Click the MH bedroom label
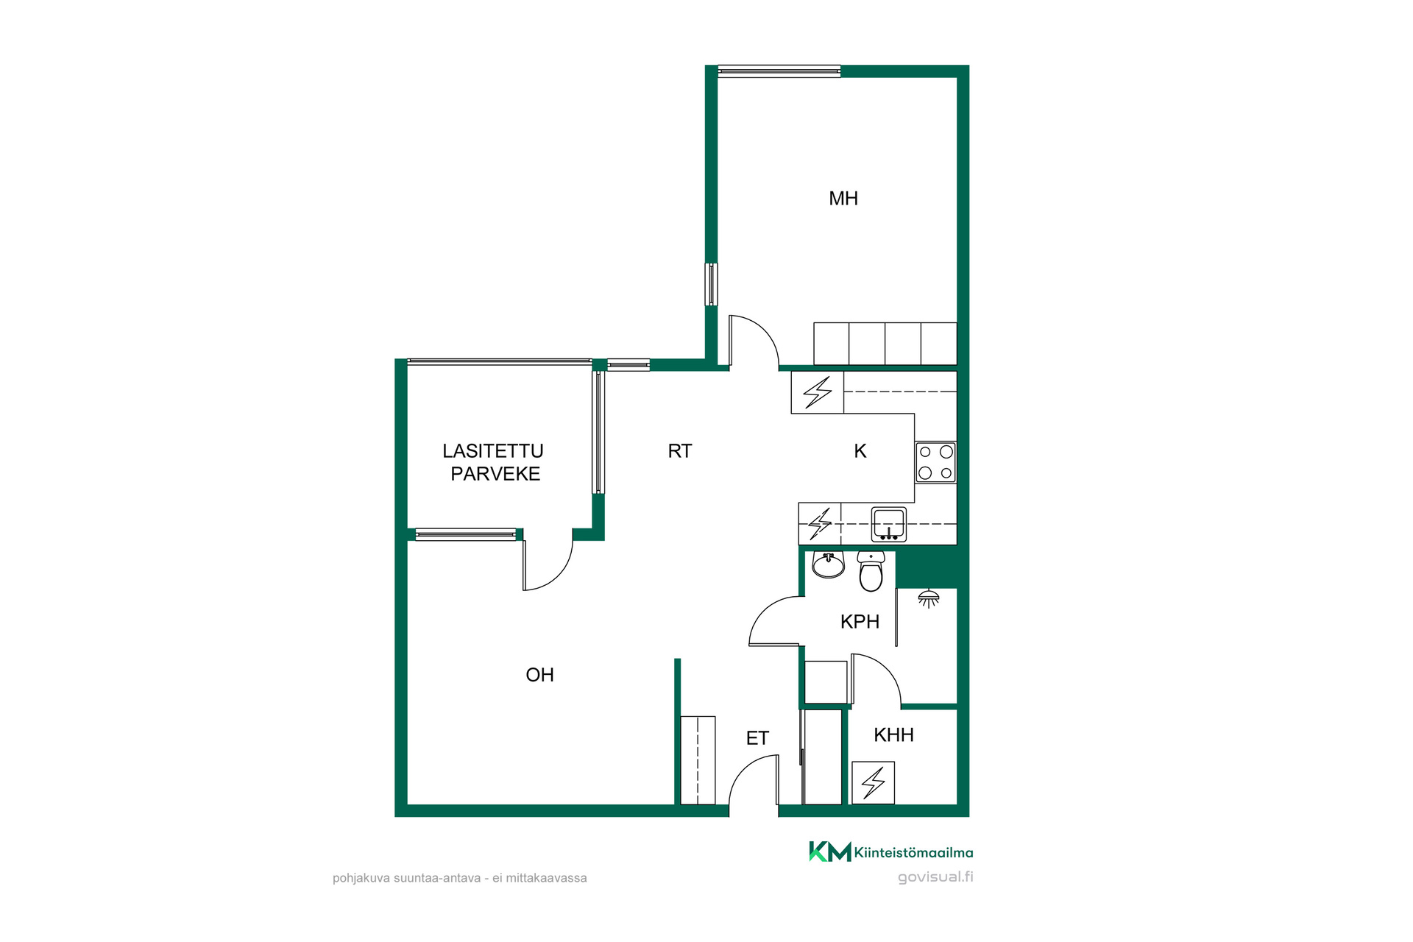click(x=843, y=199)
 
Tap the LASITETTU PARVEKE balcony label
click(x=494, y=462)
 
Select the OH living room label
click(x=539, y=675)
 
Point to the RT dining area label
click(x=680, y=451)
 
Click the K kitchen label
click(x=860, y=451)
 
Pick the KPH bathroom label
click(x=860, y=622)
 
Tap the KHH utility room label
click(x=893, y=734)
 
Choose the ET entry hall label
click(x=757, y=738)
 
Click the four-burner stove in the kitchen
click(x=935, y=462)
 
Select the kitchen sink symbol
click(x=889, y=524)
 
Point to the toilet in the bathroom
click(x=871, y=571)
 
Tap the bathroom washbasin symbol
click(x=829, y=564)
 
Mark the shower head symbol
click(x=929, y=598)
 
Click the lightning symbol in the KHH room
click(x=874, y=782)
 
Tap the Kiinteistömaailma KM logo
click(x=890, y=851)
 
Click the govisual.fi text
click(x=935, y=877)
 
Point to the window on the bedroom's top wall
click(x=779, y=71)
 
